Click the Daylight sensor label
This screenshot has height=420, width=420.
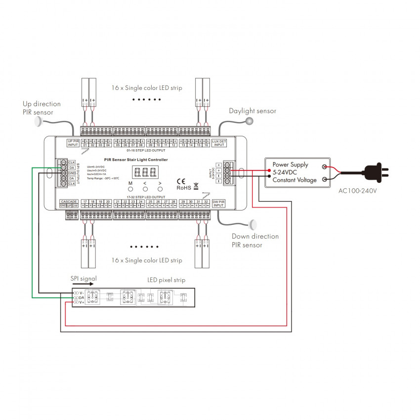pyautogui.click(x=252, y=111)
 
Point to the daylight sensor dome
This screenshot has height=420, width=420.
pyautogui.click(x=250, y=121)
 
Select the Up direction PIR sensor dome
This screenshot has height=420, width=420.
pyautogui.click(x=39, y=123)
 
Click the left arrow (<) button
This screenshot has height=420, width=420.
pyautogui.click(x=145, y=189)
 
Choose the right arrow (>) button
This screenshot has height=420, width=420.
pyautogui.click(x=160, y=189)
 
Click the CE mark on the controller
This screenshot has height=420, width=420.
pyautogui.click(x=181, y=181)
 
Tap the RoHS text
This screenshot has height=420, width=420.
pyautogui.click(x=184, y=188)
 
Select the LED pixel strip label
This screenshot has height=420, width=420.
pyautogui.click(x=167, y=280)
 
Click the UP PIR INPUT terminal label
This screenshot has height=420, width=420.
pyautogui.click(x=73, y=143)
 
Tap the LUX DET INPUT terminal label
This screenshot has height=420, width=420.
pyautogui.click(x=219, y=143)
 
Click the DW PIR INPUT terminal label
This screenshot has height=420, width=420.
pyautogui.click(x=218, y=203)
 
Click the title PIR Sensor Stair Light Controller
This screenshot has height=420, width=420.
pyautogui.click(x=136, y=160)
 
